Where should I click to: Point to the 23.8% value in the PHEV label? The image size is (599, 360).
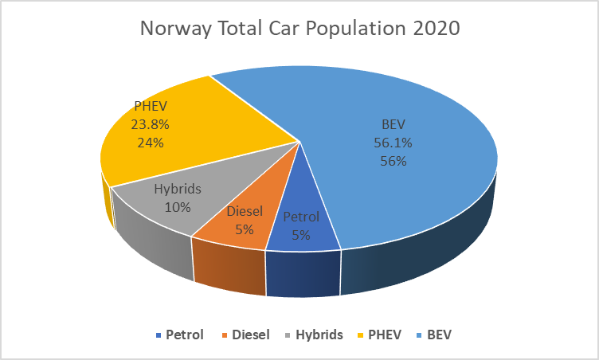151,124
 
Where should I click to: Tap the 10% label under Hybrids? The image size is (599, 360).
177,208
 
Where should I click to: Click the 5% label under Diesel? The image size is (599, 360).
244,229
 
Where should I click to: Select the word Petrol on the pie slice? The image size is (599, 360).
301,217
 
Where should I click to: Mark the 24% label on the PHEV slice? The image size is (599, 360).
151,143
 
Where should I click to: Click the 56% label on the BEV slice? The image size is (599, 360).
393,161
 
